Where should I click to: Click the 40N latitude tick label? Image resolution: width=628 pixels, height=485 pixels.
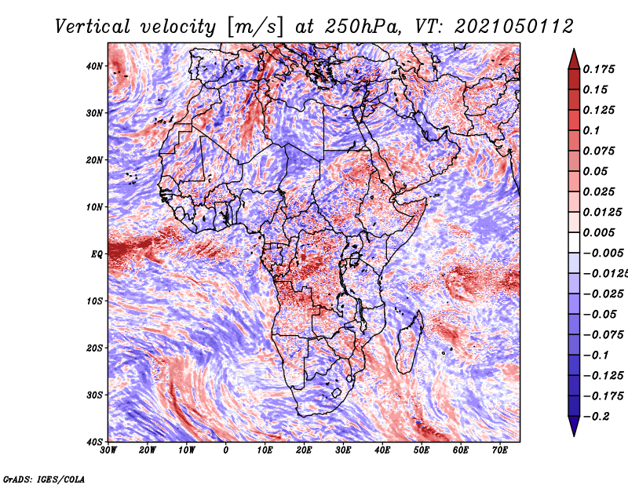pyautogui.click(x=93, y=66)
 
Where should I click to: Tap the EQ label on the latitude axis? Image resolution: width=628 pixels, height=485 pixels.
pyautogui.click(x=97, y=254)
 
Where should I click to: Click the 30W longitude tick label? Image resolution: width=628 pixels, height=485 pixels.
pyautogui.click(x=108, y=450)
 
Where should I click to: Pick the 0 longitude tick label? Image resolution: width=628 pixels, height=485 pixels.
pyautogui.click(x=226, y=450)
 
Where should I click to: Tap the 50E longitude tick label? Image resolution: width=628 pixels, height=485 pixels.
pyautogui.click(x=422, y=450)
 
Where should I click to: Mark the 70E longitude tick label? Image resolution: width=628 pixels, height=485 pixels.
pyautogui.click(x=500, y=450)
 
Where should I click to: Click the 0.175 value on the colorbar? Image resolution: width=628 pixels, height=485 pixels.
pyautogui.click(x=599, y=70)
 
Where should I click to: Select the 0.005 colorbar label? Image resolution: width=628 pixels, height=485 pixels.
pyautogui.click(x=599, y=232)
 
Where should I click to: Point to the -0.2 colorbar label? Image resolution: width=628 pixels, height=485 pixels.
pyautogui.click(x=596, y=417)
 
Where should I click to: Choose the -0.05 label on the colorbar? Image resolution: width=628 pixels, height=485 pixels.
pyautogui.click(x=600, y=315)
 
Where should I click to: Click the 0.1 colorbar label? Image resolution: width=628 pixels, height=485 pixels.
pyautogui.click(x=591, y=130)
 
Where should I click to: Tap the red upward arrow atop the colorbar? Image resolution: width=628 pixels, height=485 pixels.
pyautogui.click(x=574, y=59)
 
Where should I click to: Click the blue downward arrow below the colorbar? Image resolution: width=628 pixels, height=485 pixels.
pyautogui.click(x=574, y=426)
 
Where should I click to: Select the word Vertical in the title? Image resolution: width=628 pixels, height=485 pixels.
pyautogui.click(x=93, y=27)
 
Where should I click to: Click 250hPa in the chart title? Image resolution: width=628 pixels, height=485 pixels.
pyautogui.click(x=362, y=27)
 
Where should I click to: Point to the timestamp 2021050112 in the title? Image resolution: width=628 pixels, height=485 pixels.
pyautogui.click(x=514, y=27)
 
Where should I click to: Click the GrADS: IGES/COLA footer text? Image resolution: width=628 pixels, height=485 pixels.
pyautogui.click(x=44, y=479)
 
